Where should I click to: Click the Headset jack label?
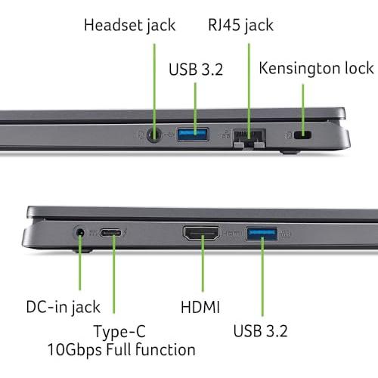tap(129, 26)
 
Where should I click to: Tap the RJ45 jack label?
tap(240, 26)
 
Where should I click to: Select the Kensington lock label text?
tap(316, 68)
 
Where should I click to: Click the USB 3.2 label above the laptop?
tap(196, 70)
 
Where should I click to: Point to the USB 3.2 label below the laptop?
tap(260, 331)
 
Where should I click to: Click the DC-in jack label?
tap(63, 308)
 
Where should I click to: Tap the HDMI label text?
tap(200, 307)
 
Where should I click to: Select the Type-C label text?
tap(119, 332)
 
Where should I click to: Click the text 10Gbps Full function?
tap(122, 350)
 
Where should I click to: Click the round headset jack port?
tap(154, 135)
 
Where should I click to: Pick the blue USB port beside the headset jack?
tap(193, 134)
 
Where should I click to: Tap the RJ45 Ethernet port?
tap(249, 138)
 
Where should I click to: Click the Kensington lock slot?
tap(302, 135)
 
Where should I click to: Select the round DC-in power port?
tap(79, 233)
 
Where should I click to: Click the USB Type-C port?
tap(110, 232)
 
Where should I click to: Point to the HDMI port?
tap(201, 234)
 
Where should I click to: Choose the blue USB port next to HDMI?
tap(262, 234)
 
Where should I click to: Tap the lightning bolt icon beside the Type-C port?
tap(125, 232)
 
